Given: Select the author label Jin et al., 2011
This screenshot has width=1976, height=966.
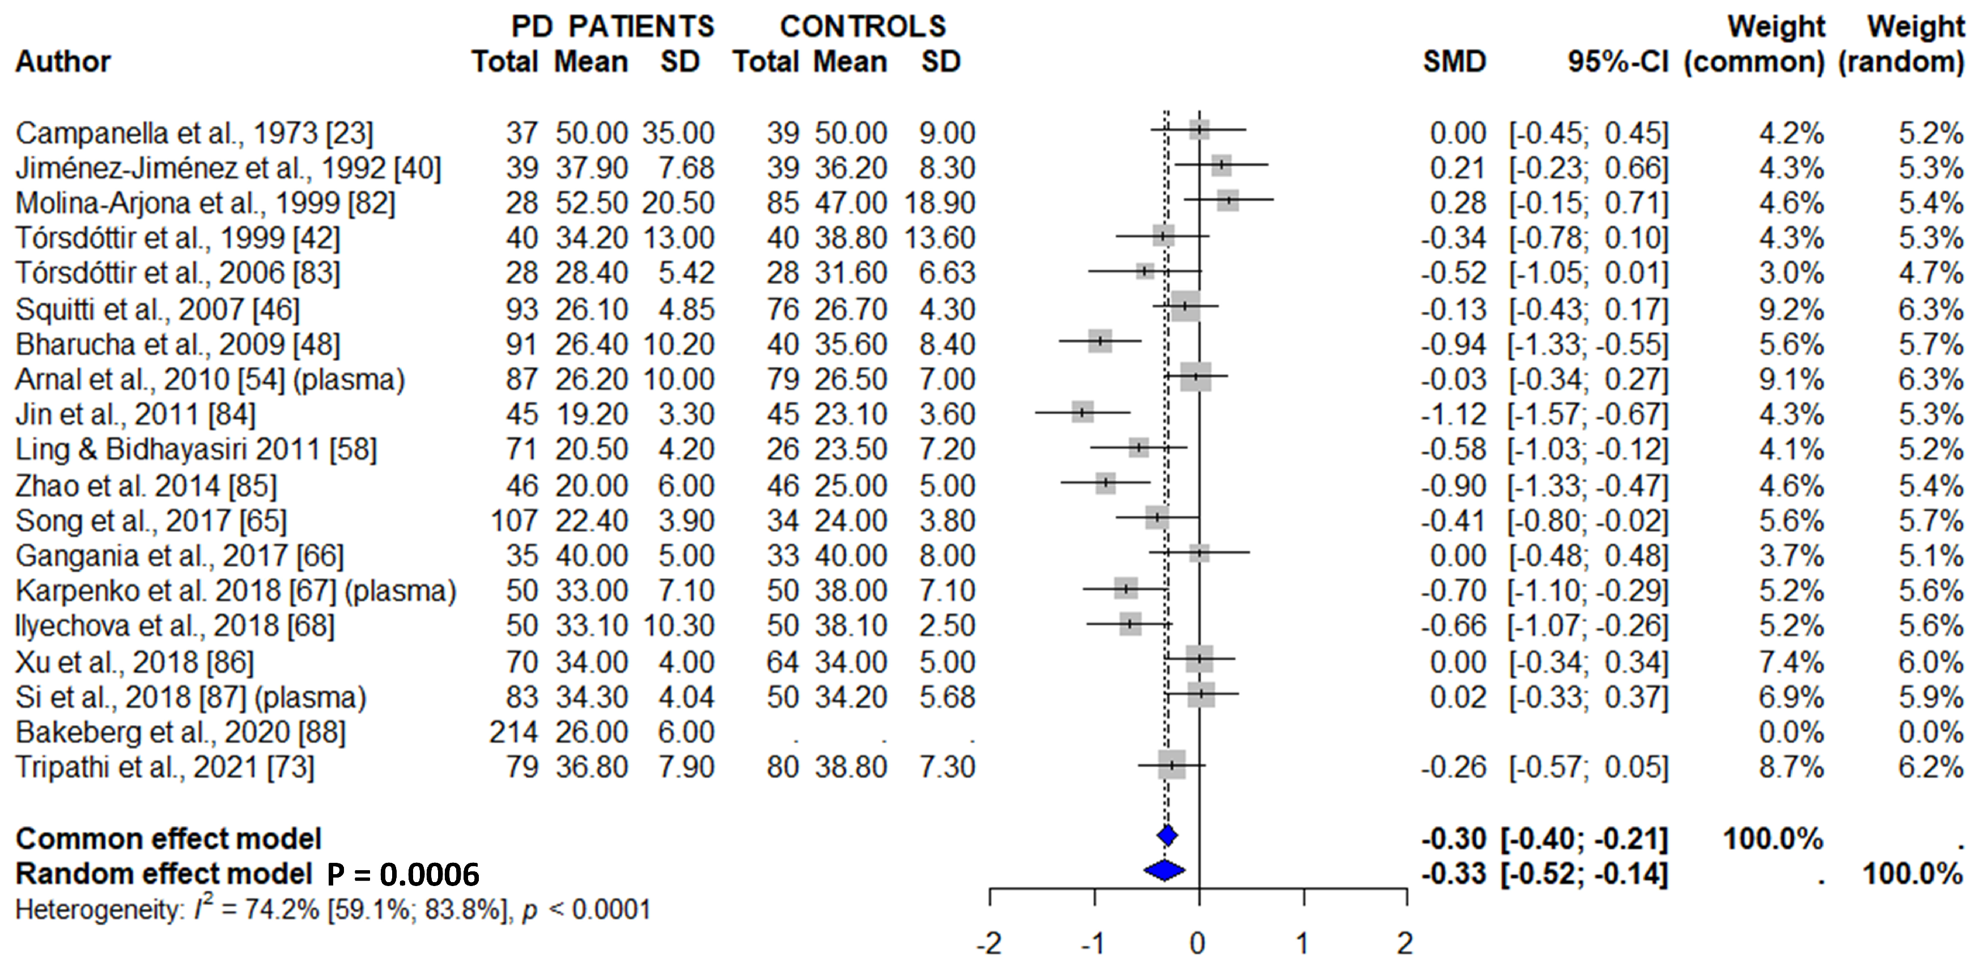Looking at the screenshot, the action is [x=135, y=414].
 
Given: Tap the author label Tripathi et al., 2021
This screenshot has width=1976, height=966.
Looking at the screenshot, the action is [x=165, y=766].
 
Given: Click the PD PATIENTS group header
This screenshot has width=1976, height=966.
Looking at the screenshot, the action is [x=612, y=26].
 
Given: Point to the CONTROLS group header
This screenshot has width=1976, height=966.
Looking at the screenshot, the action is [x=863, y=26].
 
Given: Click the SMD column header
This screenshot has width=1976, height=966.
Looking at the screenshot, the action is [x=1455, y=61].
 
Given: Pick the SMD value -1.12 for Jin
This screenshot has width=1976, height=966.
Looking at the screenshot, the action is [x=1454, y=414].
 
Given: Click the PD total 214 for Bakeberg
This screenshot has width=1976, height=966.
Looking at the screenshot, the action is [x=514, y=732].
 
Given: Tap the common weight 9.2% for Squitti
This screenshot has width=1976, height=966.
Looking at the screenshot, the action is [x=1791, y=309].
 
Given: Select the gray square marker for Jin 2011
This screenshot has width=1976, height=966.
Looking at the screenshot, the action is [x=1082, y=412].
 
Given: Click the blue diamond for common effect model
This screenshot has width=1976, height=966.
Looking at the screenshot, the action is [x=1167, y=836].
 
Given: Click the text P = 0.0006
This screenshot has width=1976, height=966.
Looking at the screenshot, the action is [x=403, y=874].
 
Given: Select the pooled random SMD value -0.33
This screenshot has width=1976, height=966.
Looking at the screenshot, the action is [x=1454, y=874].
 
